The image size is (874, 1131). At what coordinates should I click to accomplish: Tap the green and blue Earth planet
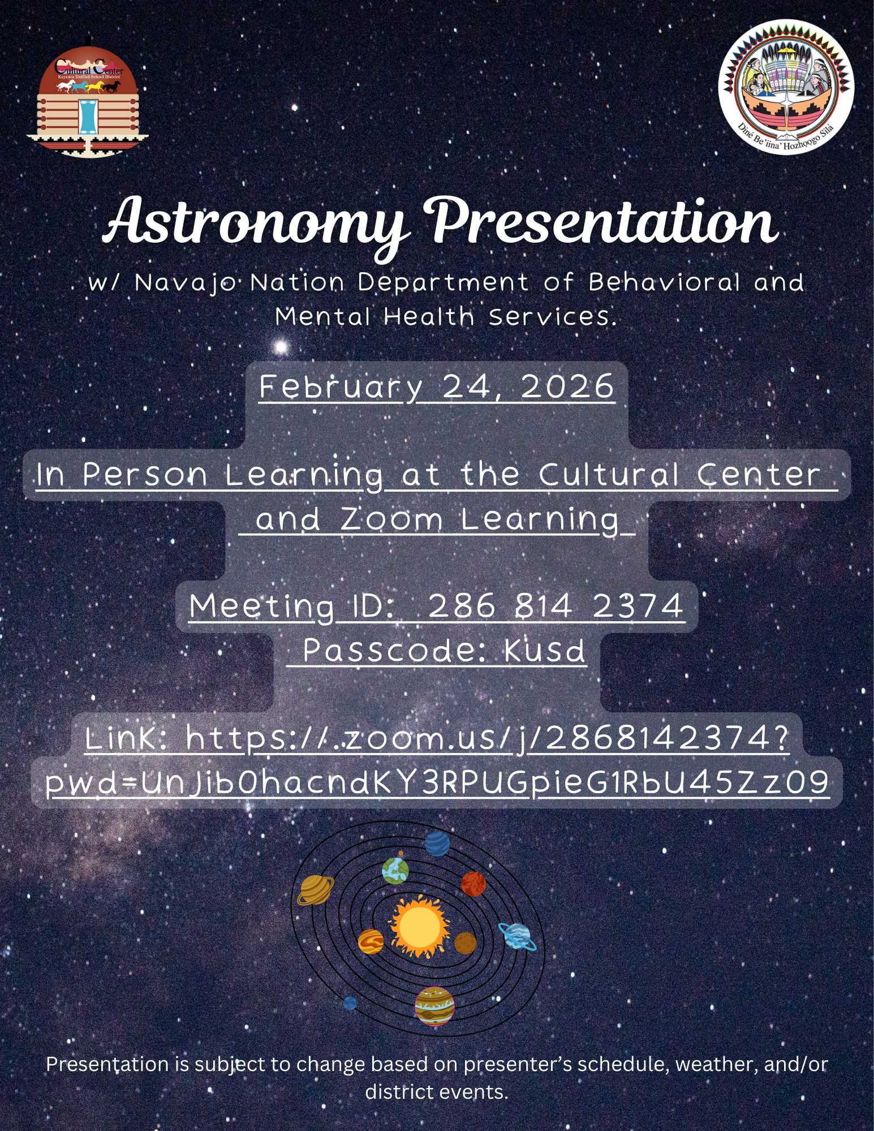(395, 870)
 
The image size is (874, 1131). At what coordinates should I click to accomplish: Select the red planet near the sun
(473, 883)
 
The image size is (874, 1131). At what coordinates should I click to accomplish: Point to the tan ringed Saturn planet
(315, 889)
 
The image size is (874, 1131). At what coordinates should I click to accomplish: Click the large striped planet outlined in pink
(434, 1006)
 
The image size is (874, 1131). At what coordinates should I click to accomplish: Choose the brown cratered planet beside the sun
(465, 943)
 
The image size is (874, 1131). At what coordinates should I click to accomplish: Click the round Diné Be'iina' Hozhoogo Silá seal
(786, 87)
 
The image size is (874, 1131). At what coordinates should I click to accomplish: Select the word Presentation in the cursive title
(604, 222)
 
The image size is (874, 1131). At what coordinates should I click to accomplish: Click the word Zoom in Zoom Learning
(391, 519)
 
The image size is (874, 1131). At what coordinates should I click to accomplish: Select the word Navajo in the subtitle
(186, 283)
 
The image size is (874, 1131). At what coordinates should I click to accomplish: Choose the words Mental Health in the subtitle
(374, 317)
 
